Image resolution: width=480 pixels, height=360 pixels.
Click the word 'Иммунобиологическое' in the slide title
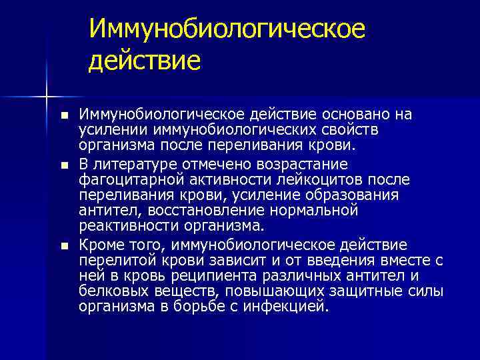coord(227,29)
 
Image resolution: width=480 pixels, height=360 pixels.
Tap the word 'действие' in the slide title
coord(144,61)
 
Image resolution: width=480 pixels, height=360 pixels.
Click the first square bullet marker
coord(63,115)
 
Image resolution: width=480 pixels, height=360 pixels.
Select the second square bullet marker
coord(63,164)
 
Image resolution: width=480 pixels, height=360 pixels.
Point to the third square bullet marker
coord(63,246)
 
